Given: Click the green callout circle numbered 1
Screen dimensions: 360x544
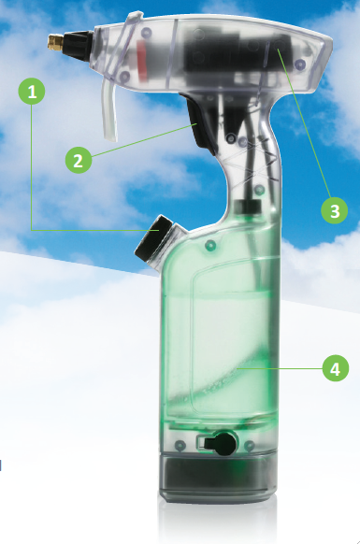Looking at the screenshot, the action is click(32, 92).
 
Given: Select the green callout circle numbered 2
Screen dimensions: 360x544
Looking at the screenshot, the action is click(79, 160).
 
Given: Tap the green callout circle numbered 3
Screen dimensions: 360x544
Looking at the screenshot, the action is click(335, 210).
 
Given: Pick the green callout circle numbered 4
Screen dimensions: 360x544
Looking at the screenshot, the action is click(336, 368).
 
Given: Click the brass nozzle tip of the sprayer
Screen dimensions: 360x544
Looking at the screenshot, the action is click(55, 42).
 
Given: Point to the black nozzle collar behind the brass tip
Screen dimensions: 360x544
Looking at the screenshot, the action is click(78, 45).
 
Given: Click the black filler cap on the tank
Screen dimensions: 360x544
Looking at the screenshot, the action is click(152, 237).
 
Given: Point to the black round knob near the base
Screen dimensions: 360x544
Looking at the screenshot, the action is click(223, 443).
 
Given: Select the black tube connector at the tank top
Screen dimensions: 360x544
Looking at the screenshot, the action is click(248, 207).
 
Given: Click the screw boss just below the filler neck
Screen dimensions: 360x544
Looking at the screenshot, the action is click(210, 246).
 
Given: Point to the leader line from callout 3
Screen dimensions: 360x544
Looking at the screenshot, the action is click(304, 123).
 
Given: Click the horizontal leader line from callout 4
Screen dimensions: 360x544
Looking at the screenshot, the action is click(281, 368).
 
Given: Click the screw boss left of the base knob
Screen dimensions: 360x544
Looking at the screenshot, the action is click(180, 444).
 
